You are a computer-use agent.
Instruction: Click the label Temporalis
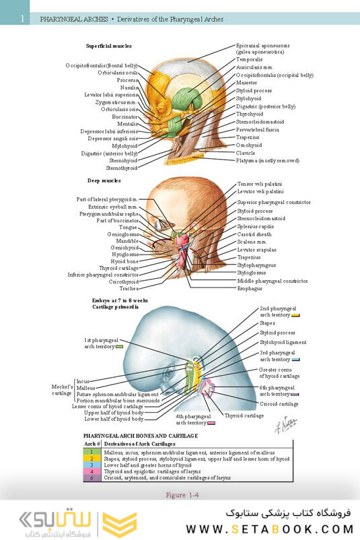[249, 59]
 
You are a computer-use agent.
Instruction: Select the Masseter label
[246, 82]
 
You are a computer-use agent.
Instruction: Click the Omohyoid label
[248, 145]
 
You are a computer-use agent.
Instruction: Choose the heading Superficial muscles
[109, 46]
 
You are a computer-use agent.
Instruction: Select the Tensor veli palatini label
[260, 184]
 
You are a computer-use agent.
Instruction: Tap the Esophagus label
[250, 288]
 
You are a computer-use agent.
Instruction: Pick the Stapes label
[267, 323]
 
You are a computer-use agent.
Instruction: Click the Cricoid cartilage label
[279, 404]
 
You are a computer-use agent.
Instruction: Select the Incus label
[83, 381]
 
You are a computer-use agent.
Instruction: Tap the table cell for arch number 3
[92, 465]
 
